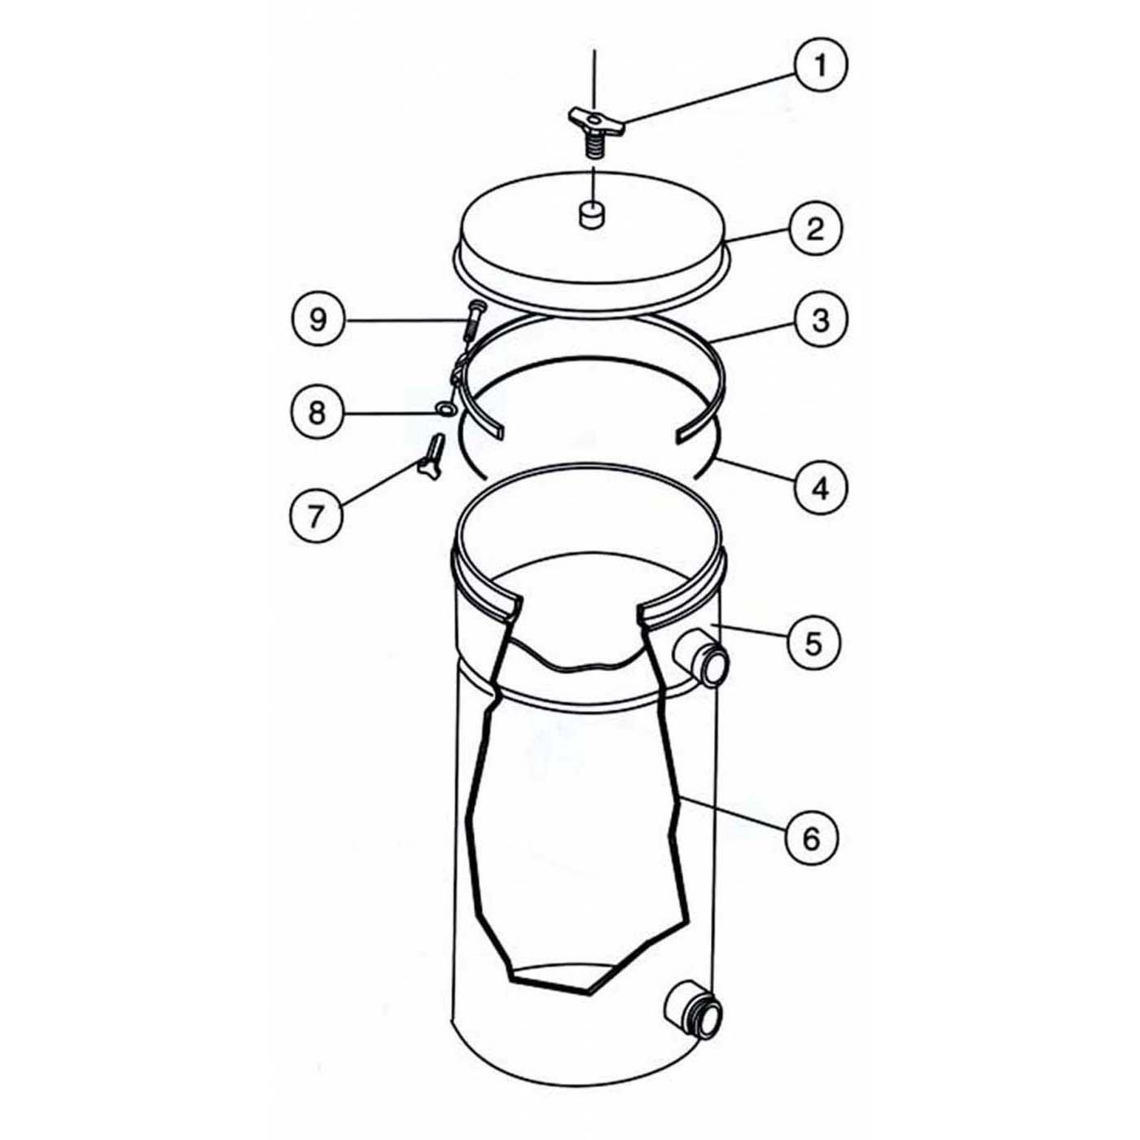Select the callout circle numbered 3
click(820, 320)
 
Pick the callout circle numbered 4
click(821, 488)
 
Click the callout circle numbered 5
click(813, 642)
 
